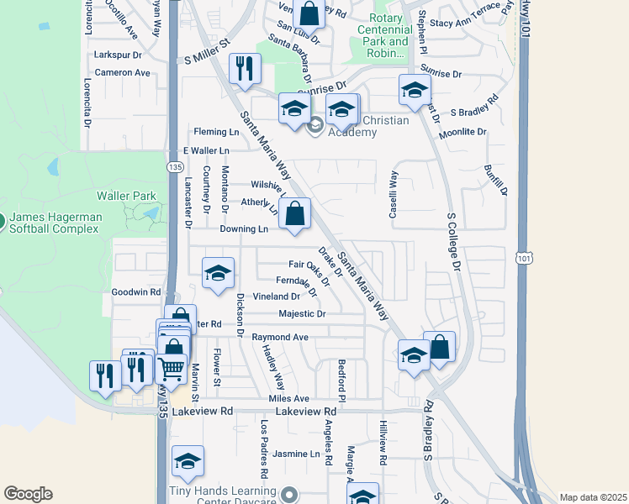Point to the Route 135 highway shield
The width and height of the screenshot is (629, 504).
click(x=174, y=168)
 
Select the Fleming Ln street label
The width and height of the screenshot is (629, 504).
click(x=216, y=132)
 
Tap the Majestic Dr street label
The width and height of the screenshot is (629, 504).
click(x=302, y=314)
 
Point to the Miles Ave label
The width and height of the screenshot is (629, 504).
click(x=289, y=398)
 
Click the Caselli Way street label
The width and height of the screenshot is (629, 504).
click(x=393, y=195)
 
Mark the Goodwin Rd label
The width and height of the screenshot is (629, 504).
click(x=135, y=292)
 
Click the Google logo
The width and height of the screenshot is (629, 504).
click(x=28, y=494)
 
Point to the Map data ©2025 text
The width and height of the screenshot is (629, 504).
click(x=592, y=497)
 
